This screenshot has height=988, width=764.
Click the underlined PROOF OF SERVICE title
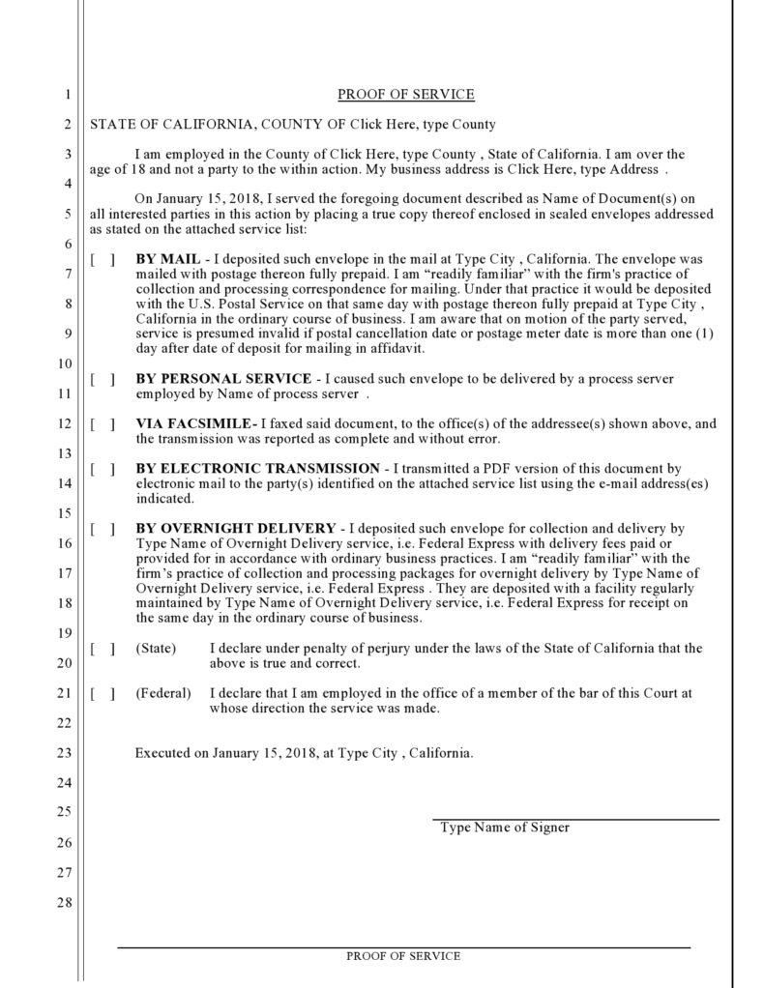(405, 95)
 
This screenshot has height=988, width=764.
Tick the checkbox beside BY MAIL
(103, 260)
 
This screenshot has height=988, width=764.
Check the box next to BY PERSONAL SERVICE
(103, 378)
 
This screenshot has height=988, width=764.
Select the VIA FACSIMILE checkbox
(103, 423)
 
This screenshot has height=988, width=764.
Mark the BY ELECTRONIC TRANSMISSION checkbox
(103, 469)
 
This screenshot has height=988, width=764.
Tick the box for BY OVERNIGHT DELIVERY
(103, 529)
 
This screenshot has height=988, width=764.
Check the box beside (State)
(103, 649)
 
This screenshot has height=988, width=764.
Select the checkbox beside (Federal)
(103, 694)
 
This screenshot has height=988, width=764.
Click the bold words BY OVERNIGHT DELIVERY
(236, 529)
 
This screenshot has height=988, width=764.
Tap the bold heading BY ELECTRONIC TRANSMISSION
(257, 469)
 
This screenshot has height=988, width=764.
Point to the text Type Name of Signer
(505, 828)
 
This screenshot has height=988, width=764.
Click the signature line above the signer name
(574, 819)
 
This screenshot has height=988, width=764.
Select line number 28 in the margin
(65, 903)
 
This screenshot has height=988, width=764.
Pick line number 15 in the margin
(65, 512)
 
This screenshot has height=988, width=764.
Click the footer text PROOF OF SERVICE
(403, 956)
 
